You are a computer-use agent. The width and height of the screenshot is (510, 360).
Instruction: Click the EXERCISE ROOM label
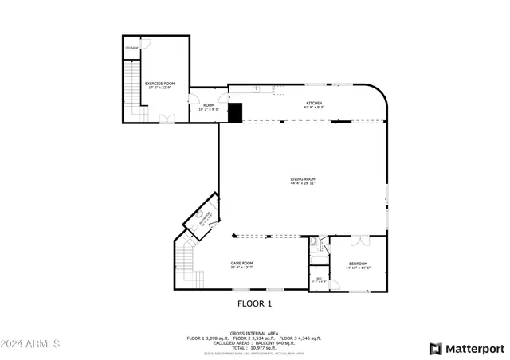click(159, 83)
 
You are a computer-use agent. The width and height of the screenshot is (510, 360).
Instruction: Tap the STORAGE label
click(132, 49)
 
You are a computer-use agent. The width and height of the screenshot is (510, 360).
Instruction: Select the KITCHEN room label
click(314, 103)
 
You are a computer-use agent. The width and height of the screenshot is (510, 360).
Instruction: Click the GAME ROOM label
click(241, 263)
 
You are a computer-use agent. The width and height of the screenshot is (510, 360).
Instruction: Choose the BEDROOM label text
click(358, 264)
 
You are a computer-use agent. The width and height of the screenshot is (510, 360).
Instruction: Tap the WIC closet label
click(319, 278)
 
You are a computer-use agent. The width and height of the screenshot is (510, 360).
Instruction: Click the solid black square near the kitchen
click(235, 112)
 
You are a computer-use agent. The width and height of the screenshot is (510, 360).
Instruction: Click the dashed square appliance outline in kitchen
click(280, 90)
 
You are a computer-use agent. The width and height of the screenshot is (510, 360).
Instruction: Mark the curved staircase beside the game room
click(187, 263)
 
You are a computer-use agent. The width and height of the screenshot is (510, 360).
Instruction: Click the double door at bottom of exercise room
click(167, 118)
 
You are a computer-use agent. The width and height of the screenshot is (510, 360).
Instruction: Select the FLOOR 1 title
click(255, 303)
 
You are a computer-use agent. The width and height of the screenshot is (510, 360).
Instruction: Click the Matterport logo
click(467, 349)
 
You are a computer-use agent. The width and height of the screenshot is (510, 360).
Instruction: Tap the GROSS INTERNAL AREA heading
click(254, 333)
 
